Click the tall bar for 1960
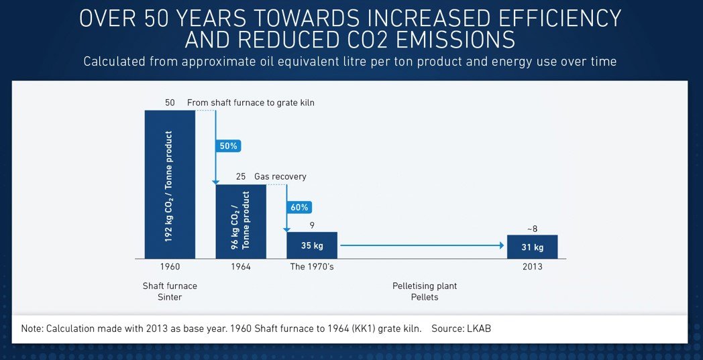pos(170,184)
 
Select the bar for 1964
pos(241,221)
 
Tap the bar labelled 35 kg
pos(312,245)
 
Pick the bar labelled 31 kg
pos(532,247)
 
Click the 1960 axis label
pos(170,267)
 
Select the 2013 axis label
pos(532,267)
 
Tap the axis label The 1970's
pos(311,267)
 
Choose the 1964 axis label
pos(241,267)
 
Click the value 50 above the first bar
pos(170,103)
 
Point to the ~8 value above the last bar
pos(532,229)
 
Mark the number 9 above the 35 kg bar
pos(312,226)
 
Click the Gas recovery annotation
pos(280,177)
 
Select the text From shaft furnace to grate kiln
pos(250,103)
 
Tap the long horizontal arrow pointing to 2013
pos(422,245)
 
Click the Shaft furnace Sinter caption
pos(170,292)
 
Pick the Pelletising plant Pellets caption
pos(425,292)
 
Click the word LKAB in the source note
pos(485,328)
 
